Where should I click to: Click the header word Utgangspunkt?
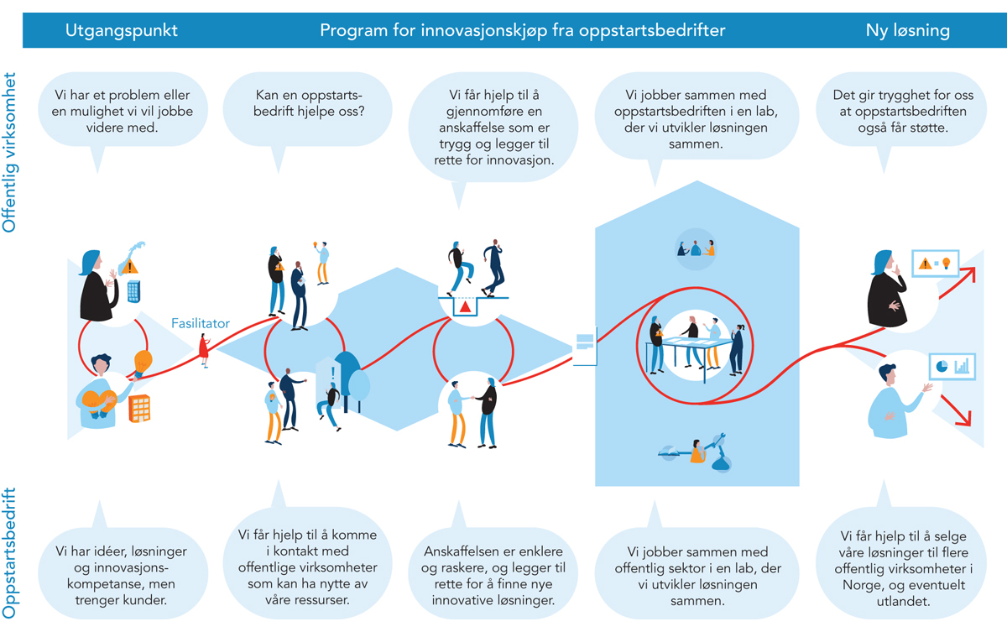(122, 31)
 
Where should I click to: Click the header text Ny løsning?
(908, 31)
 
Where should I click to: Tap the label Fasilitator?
(201, 323)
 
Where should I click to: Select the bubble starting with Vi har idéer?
(121, 567)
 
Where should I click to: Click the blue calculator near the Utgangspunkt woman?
(133, 290)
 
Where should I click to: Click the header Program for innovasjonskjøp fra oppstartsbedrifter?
(522, 31)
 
